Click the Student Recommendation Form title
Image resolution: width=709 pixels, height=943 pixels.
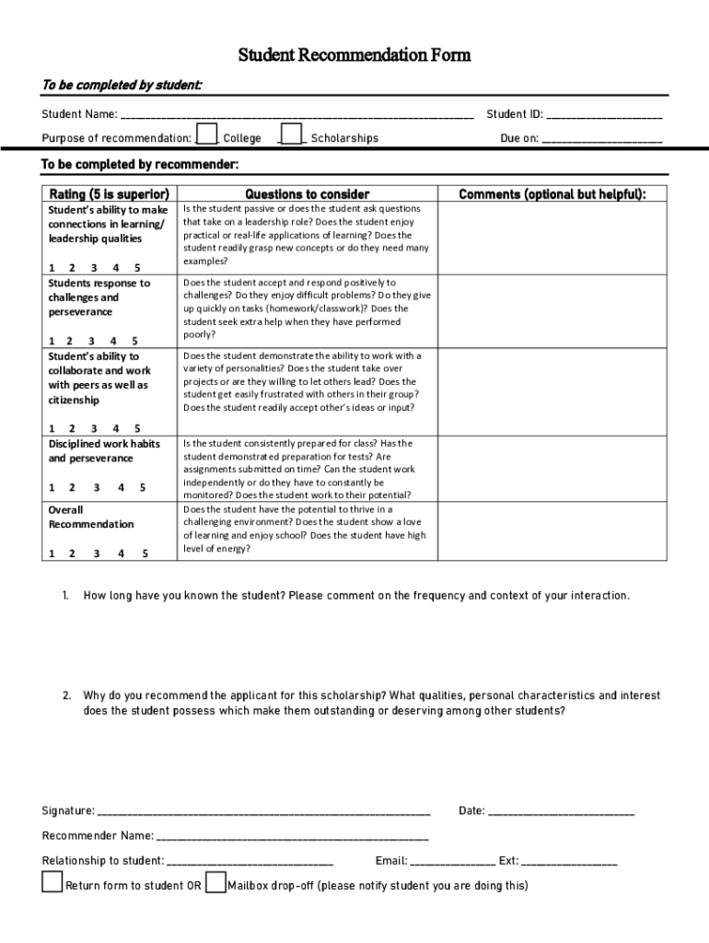354,55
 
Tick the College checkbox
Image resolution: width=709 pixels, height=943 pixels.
208,134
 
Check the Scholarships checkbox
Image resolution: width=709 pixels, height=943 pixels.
291,134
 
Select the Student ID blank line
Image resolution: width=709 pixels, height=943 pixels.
604,117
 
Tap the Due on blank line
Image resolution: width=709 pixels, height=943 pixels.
602,141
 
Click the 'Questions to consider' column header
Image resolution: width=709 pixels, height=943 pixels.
308,194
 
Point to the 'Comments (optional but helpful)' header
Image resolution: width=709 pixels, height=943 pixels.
552,194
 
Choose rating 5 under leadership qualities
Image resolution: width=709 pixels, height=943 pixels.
137,267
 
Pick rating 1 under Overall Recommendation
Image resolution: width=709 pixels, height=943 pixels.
51,553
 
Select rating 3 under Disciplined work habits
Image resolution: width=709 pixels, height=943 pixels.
97,488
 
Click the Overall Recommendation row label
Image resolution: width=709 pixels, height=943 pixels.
90,517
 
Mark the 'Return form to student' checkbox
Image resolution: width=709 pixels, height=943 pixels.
52,882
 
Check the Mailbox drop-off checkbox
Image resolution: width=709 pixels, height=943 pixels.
215,882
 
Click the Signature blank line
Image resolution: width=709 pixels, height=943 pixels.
263,813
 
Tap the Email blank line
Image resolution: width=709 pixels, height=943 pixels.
452,864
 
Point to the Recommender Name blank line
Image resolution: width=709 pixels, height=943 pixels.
293,838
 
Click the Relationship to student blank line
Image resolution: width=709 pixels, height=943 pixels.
250,864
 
